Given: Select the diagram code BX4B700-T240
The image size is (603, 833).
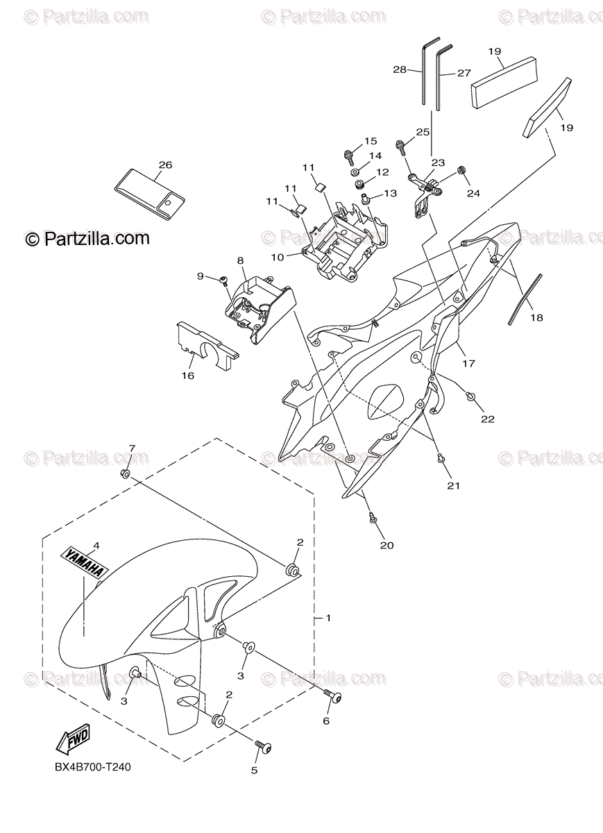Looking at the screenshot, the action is (x=92, y=767).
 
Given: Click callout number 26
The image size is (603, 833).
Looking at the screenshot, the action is (x=165, y=165).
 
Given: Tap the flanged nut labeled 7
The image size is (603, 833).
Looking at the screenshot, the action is (x=126, y=473).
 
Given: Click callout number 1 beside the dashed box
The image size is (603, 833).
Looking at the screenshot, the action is (x=329, y=617).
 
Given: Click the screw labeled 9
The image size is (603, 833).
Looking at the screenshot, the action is (x=224, y=280).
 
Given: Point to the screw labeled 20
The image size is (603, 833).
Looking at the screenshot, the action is (x=373, y=516).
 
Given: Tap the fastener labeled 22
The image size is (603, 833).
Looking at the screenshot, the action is (x=470, y=396).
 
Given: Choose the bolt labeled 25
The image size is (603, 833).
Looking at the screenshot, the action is (x=401, y=145).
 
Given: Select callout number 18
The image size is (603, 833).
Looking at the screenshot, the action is (x=536, y=317).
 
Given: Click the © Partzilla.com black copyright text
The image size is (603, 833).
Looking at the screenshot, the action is (x=87, y=238).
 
